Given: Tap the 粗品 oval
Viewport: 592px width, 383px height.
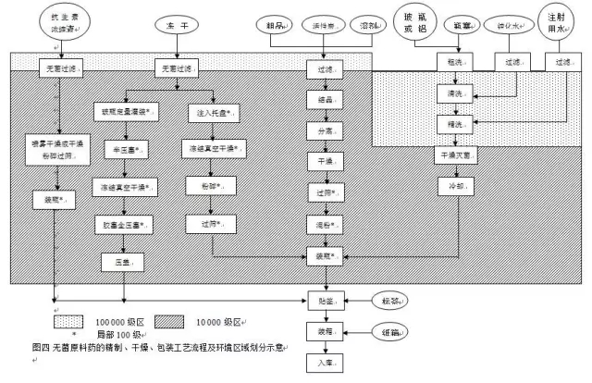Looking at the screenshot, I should pos(276,24).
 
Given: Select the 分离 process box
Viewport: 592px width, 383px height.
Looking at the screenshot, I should pos(324,132).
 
